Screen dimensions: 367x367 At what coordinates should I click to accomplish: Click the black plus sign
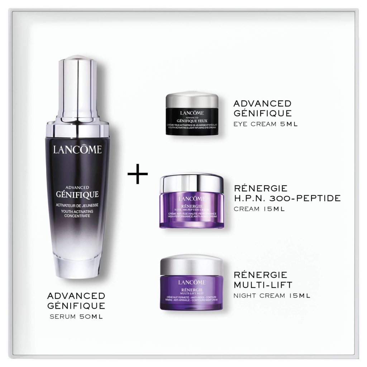(x=138, y=174)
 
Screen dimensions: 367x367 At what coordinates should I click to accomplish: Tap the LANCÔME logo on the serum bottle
(x=78, y=149)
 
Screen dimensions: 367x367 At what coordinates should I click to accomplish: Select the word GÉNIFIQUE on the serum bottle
(x=78, y=195)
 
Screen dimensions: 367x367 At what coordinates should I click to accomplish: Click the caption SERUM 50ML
(x=76, y=317)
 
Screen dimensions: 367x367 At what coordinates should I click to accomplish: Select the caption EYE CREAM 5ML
(x=266, y=124)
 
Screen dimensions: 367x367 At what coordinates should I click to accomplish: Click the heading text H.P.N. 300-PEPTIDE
(x=287, y=198)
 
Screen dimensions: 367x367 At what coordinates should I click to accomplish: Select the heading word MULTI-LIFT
(x=262, y=285)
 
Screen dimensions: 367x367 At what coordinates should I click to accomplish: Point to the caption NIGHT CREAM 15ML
(x=272, y=296)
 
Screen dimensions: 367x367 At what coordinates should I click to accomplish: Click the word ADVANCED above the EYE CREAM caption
(x=262, y=104)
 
